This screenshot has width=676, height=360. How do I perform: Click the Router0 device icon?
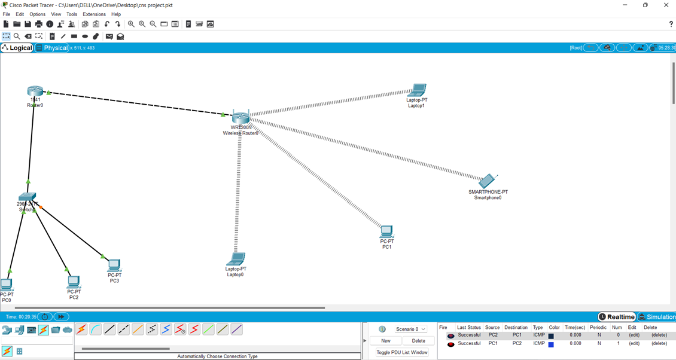coord(35,91)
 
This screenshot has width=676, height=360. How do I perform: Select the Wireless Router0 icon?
coord(240,117)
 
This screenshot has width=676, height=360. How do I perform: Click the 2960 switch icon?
coord(27,197)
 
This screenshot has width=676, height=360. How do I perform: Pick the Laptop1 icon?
coord(416,90)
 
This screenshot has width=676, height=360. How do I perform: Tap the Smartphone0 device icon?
coord(487,181)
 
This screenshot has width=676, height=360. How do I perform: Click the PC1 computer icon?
coord(386,231)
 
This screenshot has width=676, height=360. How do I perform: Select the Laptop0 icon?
coord(236,259)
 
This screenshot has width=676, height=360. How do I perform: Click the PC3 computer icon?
coord(114,265)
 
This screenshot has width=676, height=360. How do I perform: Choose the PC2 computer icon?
coord(74,282)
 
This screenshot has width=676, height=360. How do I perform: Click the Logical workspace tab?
coord(17,48)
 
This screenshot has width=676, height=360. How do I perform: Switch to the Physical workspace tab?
coord(53,48)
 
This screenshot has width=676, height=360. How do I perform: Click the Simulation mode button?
coord(657,317)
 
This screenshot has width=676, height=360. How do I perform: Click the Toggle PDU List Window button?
coord(402,353)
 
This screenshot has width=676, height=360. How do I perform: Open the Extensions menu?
coord(94,14)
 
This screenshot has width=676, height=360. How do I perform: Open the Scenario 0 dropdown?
coord(410,330)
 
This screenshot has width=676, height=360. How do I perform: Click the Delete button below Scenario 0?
coord(418,341)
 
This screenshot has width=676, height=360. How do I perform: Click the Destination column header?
coord(516,328)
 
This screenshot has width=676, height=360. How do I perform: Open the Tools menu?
coord(72,14)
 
